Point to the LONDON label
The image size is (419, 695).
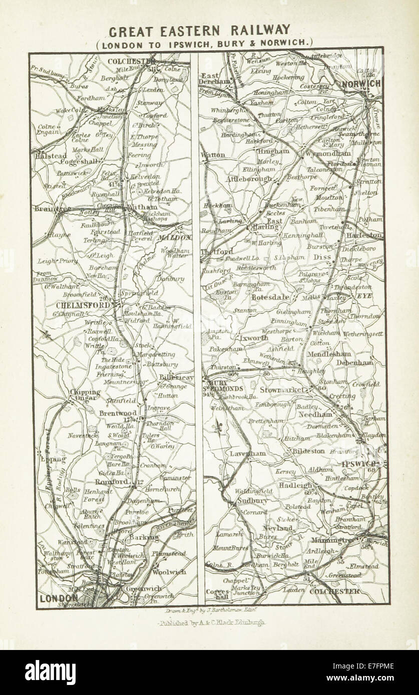point(59,597)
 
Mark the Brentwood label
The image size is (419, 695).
point(118,413)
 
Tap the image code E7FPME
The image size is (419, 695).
point(381,665)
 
